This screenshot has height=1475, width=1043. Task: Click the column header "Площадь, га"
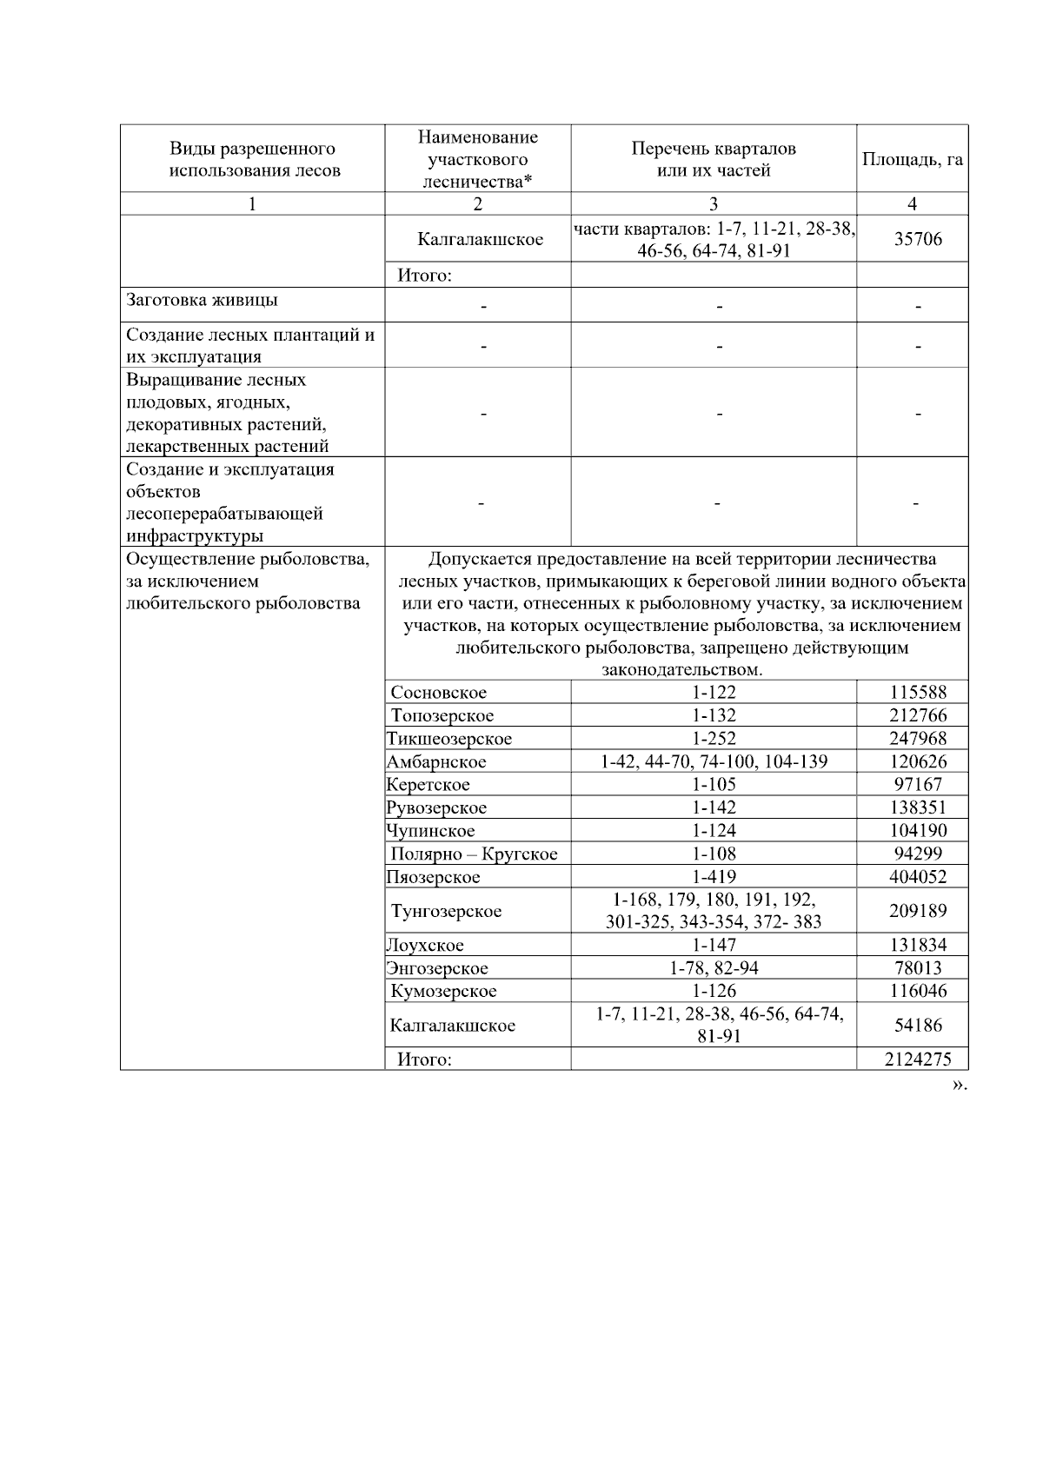[912, 160]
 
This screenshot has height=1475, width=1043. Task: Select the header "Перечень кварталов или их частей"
[713, 160]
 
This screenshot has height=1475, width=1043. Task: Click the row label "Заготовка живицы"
[203, 301]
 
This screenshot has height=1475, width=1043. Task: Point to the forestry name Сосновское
[438, 693]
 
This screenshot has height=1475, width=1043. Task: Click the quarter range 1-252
[714, 739]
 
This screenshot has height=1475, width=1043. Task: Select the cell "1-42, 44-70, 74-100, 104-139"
[714, 761]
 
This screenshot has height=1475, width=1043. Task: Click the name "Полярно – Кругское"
[474, 854]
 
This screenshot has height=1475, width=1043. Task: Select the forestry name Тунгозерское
[446, 911]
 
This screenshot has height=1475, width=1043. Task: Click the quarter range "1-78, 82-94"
[714, 968]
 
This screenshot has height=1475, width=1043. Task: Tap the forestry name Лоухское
[425, 946]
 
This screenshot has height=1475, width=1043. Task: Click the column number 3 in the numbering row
[714, 204]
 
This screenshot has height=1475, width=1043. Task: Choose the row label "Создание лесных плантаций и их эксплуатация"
[250, 345]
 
